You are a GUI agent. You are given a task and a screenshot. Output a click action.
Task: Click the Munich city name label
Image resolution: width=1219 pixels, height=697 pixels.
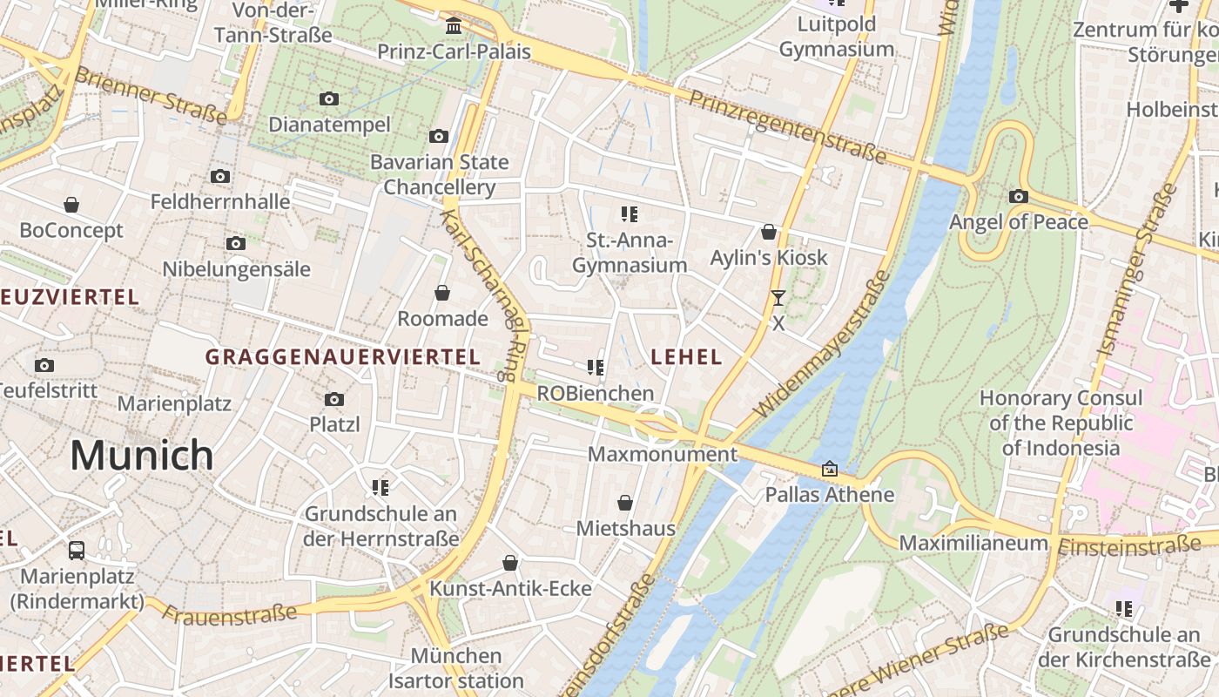(x=141, y=456)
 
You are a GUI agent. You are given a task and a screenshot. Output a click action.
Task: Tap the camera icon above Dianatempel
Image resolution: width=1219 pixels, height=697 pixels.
(x=329, y=99)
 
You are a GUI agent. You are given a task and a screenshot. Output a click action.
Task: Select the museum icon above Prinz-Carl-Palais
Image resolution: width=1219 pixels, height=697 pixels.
(x=453, y=25)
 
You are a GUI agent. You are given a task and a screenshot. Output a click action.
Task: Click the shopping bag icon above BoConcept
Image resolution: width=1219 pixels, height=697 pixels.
(x=71, y=205)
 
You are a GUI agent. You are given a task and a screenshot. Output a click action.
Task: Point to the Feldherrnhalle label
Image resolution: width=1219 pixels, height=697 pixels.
(x=220, y=202)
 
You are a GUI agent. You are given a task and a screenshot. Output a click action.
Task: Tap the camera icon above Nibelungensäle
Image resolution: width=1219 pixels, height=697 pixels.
(x=235, y=244)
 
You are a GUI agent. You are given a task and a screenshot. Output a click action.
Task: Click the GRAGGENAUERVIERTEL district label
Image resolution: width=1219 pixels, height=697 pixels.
(x=342, y=356)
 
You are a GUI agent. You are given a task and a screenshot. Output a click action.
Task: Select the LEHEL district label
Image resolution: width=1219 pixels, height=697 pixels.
(x=686, y=356)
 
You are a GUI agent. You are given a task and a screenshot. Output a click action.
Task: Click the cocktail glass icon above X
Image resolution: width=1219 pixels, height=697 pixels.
(x=778, y=298)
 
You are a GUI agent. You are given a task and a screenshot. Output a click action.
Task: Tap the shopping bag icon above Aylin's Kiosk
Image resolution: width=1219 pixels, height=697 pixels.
(x=769, y=232)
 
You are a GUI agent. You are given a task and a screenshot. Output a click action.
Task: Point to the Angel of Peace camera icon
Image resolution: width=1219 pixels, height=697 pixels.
(x=1018, y=197)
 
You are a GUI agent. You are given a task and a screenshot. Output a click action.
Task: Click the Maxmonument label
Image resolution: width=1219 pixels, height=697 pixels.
(x=663, y=454)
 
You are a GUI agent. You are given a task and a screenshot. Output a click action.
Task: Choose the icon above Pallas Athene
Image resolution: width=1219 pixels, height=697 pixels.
(x=830, y=470)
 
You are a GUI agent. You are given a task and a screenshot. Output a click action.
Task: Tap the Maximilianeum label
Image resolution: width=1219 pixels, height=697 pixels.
(x=973, y=543)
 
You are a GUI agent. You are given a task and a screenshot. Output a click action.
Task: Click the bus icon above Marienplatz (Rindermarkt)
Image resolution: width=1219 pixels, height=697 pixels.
(x=77, y=551)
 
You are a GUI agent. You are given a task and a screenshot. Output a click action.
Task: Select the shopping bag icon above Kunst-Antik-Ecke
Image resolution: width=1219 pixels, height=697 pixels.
(x=510, y=564)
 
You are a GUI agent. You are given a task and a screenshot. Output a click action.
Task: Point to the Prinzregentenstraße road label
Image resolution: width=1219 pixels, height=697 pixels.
(x=787, y=126)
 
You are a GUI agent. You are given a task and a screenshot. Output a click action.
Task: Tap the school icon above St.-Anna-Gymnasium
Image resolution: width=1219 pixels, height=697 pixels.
(x=630, y=214)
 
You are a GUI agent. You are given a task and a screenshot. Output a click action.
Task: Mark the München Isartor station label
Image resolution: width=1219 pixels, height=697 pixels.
(x=456, y=667)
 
